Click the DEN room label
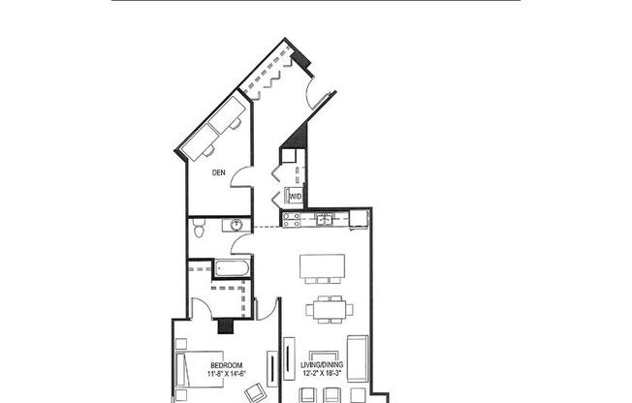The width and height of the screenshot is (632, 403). tap(220, 173)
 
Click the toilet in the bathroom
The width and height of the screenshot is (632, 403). tap(199, 230)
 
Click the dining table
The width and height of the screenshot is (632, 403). tap(326, 310)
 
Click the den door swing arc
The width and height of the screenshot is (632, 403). tap(242, 177)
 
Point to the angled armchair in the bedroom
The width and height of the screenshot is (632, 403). tap(255, 391)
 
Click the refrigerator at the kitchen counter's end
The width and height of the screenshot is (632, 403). tap(360, 218)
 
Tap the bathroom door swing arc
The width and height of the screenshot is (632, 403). tap(239, 243)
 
